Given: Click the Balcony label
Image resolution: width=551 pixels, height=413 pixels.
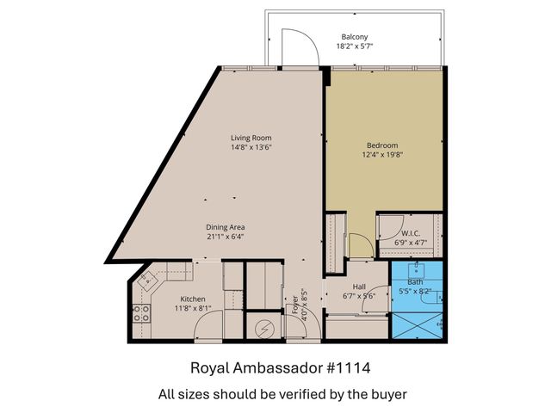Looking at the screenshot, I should pyautogui.click(x=355, y=37).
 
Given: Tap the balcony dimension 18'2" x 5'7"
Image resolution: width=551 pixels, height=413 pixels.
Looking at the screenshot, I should pyautogui.click(x=355, y=47).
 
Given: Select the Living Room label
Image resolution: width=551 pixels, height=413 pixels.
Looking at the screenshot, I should pyautogui.click(x=251, y=138).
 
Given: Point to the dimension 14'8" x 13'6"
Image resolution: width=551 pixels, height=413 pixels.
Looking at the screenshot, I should pyautogui.click(x=251, y=148).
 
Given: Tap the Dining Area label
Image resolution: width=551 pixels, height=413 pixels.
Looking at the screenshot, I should pyautogui.click(x=226, y=226).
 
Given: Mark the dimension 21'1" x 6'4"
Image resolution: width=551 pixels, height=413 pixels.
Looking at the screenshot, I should pyautogui.click(x=226, y=237).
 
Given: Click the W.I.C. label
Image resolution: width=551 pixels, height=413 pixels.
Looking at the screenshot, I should pyautogui.click(x=411, y=233).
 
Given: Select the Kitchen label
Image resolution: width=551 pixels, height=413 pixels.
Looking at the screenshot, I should pyautogui.click(x=193, y=299).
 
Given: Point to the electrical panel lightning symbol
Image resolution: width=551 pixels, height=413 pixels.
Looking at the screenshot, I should pyautogui.click(x=264, y=329).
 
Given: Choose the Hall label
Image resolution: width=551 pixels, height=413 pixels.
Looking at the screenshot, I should pyautogui.click(x=360, y=287).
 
